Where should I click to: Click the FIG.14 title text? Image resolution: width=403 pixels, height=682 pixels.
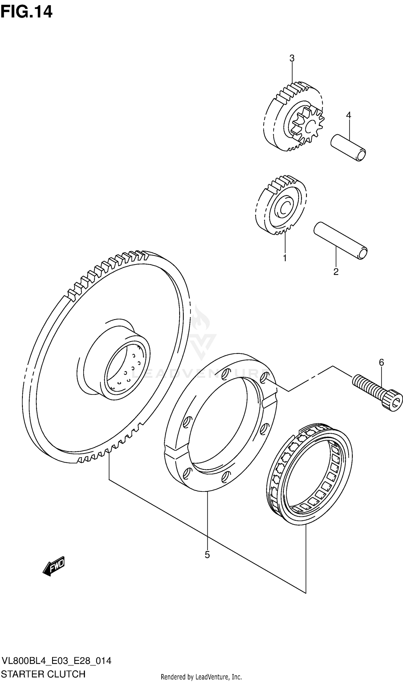point(26,12)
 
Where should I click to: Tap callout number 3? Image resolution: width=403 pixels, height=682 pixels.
point(292,58)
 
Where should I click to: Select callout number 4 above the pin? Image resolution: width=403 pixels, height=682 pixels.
point(348,115)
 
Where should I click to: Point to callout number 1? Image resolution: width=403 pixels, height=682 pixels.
point(285,258)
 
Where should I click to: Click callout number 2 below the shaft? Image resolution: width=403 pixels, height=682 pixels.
point(336,272)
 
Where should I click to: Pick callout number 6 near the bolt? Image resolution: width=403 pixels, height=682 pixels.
point(381,362)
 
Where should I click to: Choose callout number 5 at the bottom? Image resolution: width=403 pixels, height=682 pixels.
point(207,555)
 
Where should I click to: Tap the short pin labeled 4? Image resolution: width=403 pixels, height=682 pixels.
point(348,148)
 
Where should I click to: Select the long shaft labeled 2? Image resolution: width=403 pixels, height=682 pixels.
point(341,241)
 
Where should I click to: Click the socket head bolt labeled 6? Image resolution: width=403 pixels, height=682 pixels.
point(377,391)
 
